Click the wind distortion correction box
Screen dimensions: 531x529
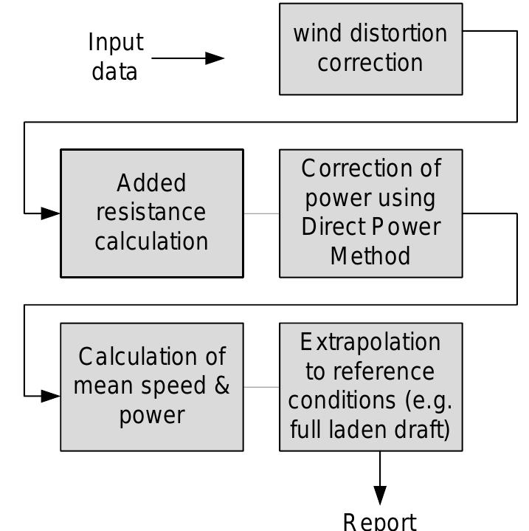[370, 49]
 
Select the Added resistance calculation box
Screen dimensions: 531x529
[151, 213]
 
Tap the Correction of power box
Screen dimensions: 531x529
[370, 213]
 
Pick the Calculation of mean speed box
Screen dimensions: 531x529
[151, 386]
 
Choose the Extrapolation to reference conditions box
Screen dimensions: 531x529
[370, 386]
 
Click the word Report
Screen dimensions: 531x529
[380, 521]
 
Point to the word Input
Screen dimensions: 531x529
[116, 42]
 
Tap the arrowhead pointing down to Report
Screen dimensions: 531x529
[380, 494]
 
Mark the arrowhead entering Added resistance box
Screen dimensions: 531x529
[51, 213]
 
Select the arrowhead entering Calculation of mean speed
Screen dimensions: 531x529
[51, 396]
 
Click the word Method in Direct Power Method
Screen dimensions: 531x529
[370, 256]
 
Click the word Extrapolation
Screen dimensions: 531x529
[370, 342]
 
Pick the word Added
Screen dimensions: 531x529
[151, 183]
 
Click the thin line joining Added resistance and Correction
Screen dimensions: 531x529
[261, 213]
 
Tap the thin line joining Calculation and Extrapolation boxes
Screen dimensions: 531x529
[261, 386]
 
